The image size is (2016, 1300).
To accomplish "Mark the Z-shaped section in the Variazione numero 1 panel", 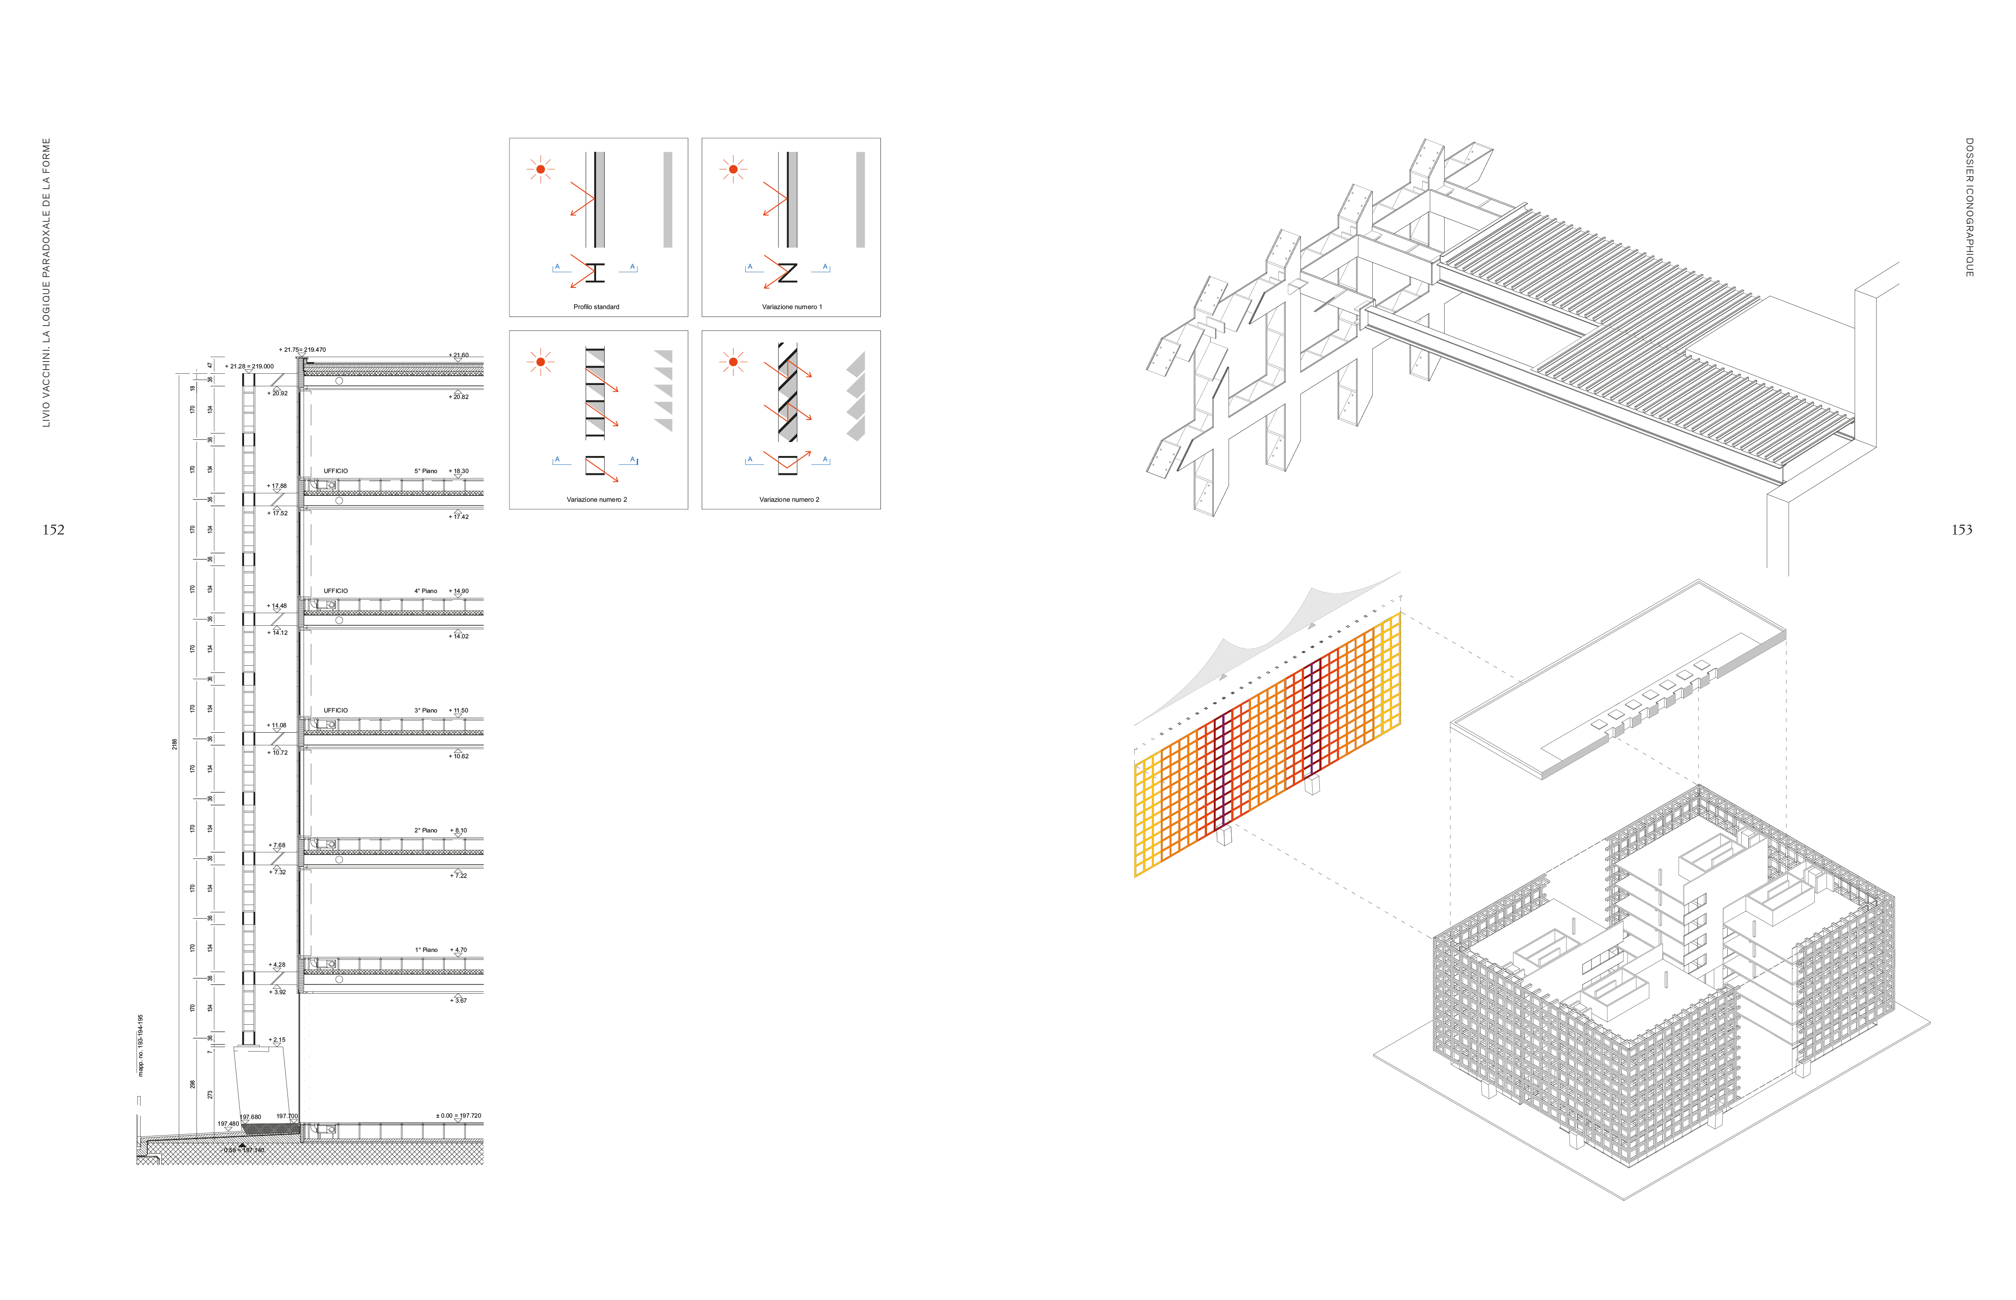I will pos(787,273).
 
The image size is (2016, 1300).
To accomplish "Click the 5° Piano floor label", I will pos(425,471).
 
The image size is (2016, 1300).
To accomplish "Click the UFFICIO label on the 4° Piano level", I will pos(335,591).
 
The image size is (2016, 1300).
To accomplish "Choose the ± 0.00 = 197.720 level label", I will pos(459,1116).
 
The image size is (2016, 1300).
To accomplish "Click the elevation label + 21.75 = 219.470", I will pos(302,349).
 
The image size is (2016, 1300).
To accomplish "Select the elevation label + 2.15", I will pos(277,1040).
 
